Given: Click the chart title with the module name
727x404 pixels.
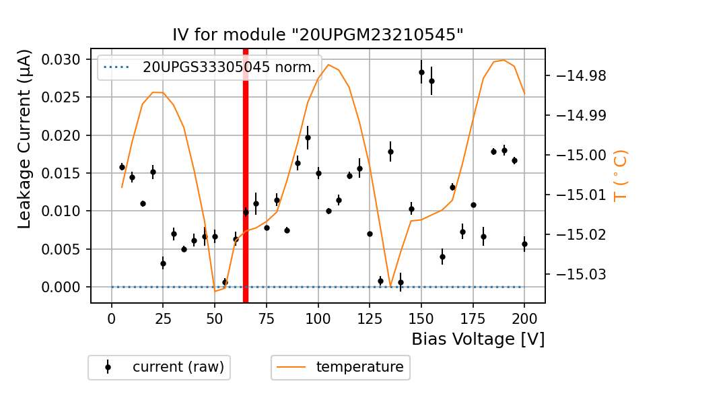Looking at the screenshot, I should [x=318, y=35].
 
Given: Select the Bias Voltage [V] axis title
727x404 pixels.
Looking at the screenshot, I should [x=478, y=339].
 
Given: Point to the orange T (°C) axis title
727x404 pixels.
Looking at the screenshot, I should [x=620, y=175].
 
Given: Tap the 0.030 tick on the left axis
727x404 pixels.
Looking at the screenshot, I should [x=61, y=60].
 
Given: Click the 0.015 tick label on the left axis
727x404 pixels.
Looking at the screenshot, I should [x=61, y=174].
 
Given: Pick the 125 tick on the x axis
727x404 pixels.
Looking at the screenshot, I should [x=370, y=318].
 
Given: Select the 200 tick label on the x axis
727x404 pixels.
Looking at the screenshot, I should [x=524, y=318].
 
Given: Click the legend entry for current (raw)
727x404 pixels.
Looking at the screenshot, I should [x=159, y=367].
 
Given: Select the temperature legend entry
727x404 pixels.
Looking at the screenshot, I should [x=341, y=367].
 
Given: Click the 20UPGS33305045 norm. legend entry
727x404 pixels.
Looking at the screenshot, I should [x=209, y=67].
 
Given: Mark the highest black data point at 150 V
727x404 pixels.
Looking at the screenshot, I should [x=421, y=72].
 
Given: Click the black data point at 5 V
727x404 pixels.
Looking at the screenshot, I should [x=122, y=167].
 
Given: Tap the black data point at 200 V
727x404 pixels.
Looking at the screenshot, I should [x=524, y=244].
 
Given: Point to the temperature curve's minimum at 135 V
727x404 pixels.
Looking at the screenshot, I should [x=390, y=285].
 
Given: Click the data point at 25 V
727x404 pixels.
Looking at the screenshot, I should [x=163, y=263].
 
